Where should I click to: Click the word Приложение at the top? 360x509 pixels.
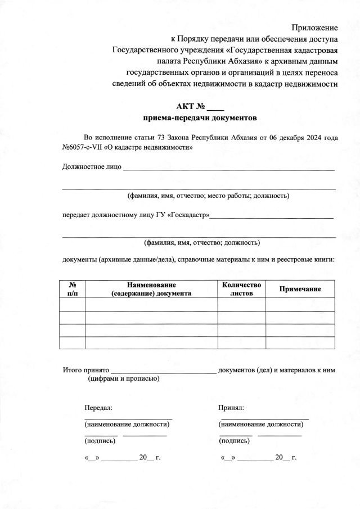click(314, 28)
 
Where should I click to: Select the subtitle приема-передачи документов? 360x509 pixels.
click(200, 119)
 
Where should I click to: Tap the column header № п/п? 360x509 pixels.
click(72, 289)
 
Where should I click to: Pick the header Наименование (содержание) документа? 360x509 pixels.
click(151, 289)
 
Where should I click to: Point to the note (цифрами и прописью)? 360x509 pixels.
click(123, 379)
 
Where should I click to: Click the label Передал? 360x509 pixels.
click(98, 407)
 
